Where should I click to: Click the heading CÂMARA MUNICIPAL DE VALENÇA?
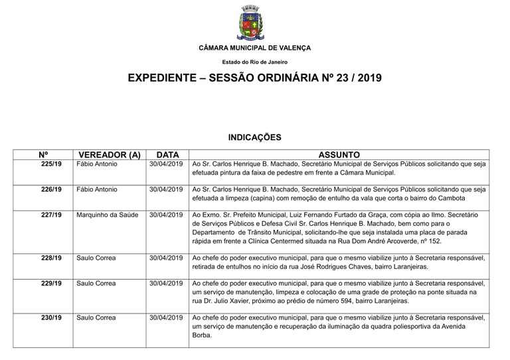(254, 48)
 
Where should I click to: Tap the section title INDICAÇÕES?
(255, 137)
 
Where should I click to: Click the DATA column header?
(166, 155)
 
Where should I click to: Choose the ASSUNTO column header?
(339, 155)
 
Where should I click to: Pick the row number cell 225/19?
(51, 164)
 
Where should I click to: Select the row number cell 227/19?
(51, 215)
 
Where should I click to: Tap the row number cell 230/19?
(51, 318)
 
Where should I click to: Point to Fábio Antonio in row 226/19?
(97, 189)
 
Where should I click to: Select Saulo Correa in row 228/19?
(96, 258)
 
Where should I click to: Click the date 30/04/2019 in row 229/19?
(166, 284)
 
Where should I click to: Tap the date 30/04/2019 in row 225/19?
(166, 164)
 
